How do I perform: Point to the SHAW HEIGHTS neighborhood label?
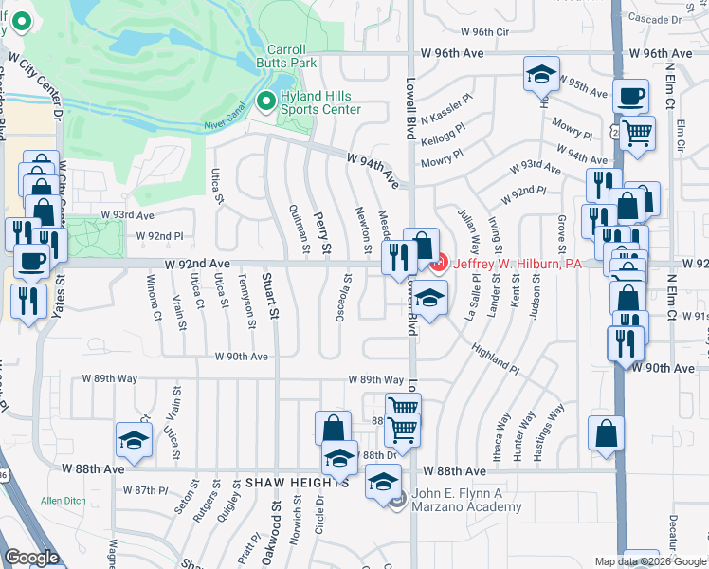tap(286, 483)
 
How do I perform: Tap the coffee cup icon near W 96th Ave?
tap(630, 95)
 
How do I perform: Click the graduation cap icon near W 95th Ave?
tap(542, 74)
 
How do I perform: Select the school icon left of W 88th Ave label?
tap(134, 439)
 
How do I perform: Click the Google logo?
tap(30, 558)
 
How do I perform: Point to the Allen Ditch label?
tap(64, 500)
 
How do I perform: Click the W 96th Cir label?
tap(489, 31)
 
